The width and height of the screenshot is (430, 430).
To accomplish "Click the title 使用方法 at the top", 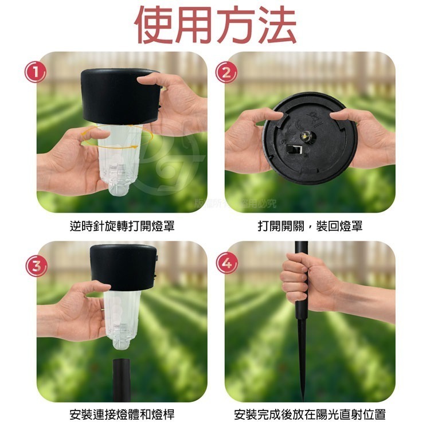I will (216, 26).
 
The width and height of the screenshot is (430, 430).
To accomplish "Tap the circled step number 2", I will (226, 73).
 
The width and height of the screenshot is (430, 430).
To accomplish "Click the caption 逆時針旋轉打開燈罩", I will (122, 226).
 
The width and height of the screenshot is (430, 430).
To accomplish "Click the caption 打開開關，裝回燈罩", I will (310, 226).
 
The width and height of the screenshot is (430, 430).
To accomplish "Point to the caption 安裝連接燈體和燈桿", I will (122, 414).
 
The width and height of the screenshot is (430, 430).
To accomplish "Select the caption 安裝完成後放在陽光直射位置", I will (310, 414).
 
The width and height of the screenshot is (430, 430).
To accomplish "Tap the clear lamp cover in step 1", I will (120, 163).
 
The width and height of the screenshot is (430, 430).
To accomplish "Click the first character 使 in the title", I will (155, 26).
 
